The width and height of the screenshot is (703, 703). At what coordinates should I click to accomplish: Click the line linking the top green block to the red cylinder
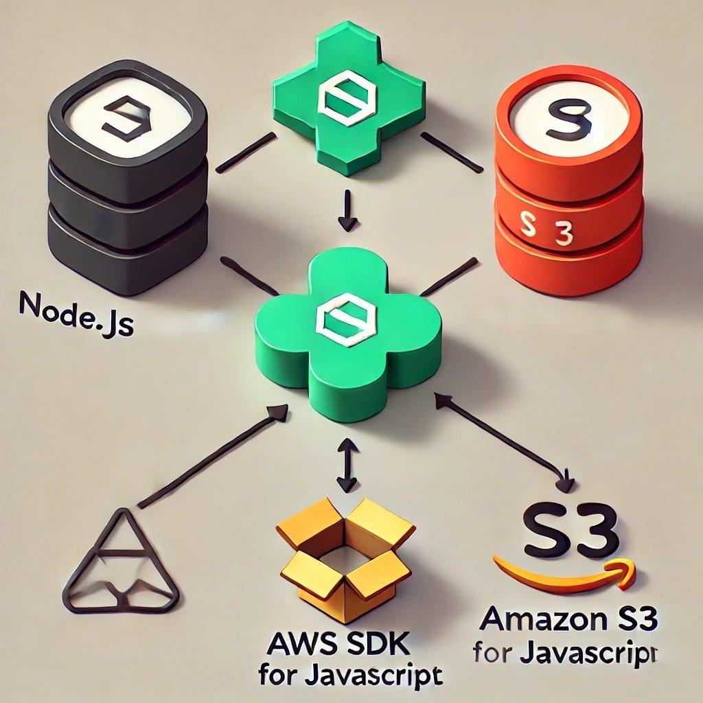pyautogui.click(x=452, y=152)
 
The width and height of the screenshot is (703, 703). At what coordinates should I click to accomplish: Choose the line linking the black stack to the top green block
pyautogui.click(x=246, y=152)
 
